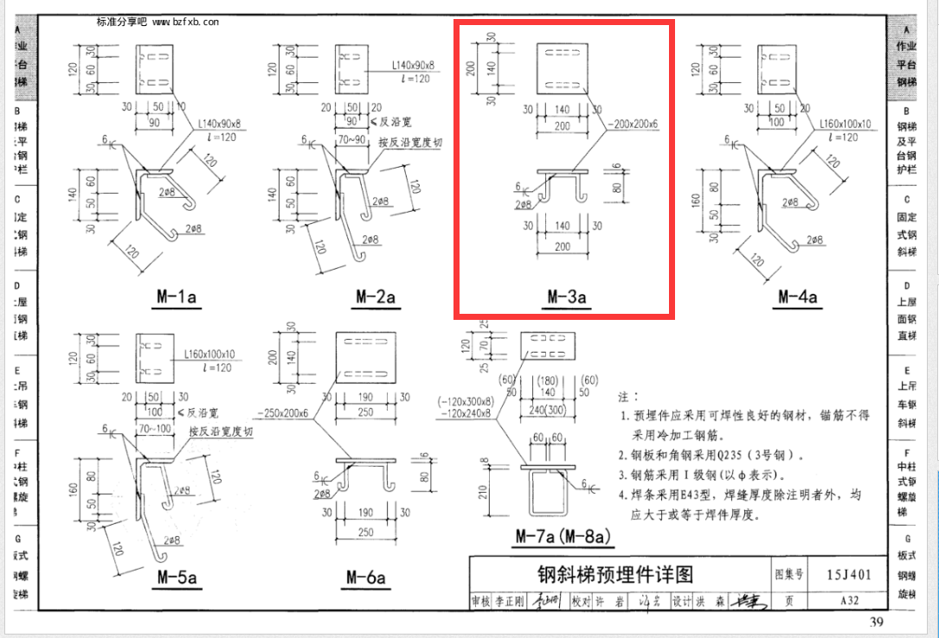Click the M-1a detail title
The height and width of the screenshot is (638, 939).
178,297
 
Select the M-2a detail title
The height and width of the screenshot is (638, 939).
376,297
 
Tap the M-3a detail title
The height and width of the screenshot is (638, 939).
567,297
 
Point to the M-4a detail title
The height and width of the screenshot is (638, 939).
797,297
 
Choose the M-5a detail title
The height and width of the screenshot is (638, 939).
177,577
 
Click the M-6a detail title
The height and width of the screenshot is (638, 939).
365,577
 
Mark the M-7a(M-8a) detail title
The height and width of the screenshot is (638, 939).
563,537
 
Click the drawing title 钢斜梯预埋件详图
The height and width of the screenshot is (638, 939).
615,574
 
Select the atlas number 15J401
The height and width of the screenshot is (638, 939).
849,573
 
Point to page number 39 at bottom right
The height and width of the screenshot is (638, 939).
876,623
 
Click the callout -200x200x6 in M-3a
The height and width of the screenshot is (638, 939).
633,124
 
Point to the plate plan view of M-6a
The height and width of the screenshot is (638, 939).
366,356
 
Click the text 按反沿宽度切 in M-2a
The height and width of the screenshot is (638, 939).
409,143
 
